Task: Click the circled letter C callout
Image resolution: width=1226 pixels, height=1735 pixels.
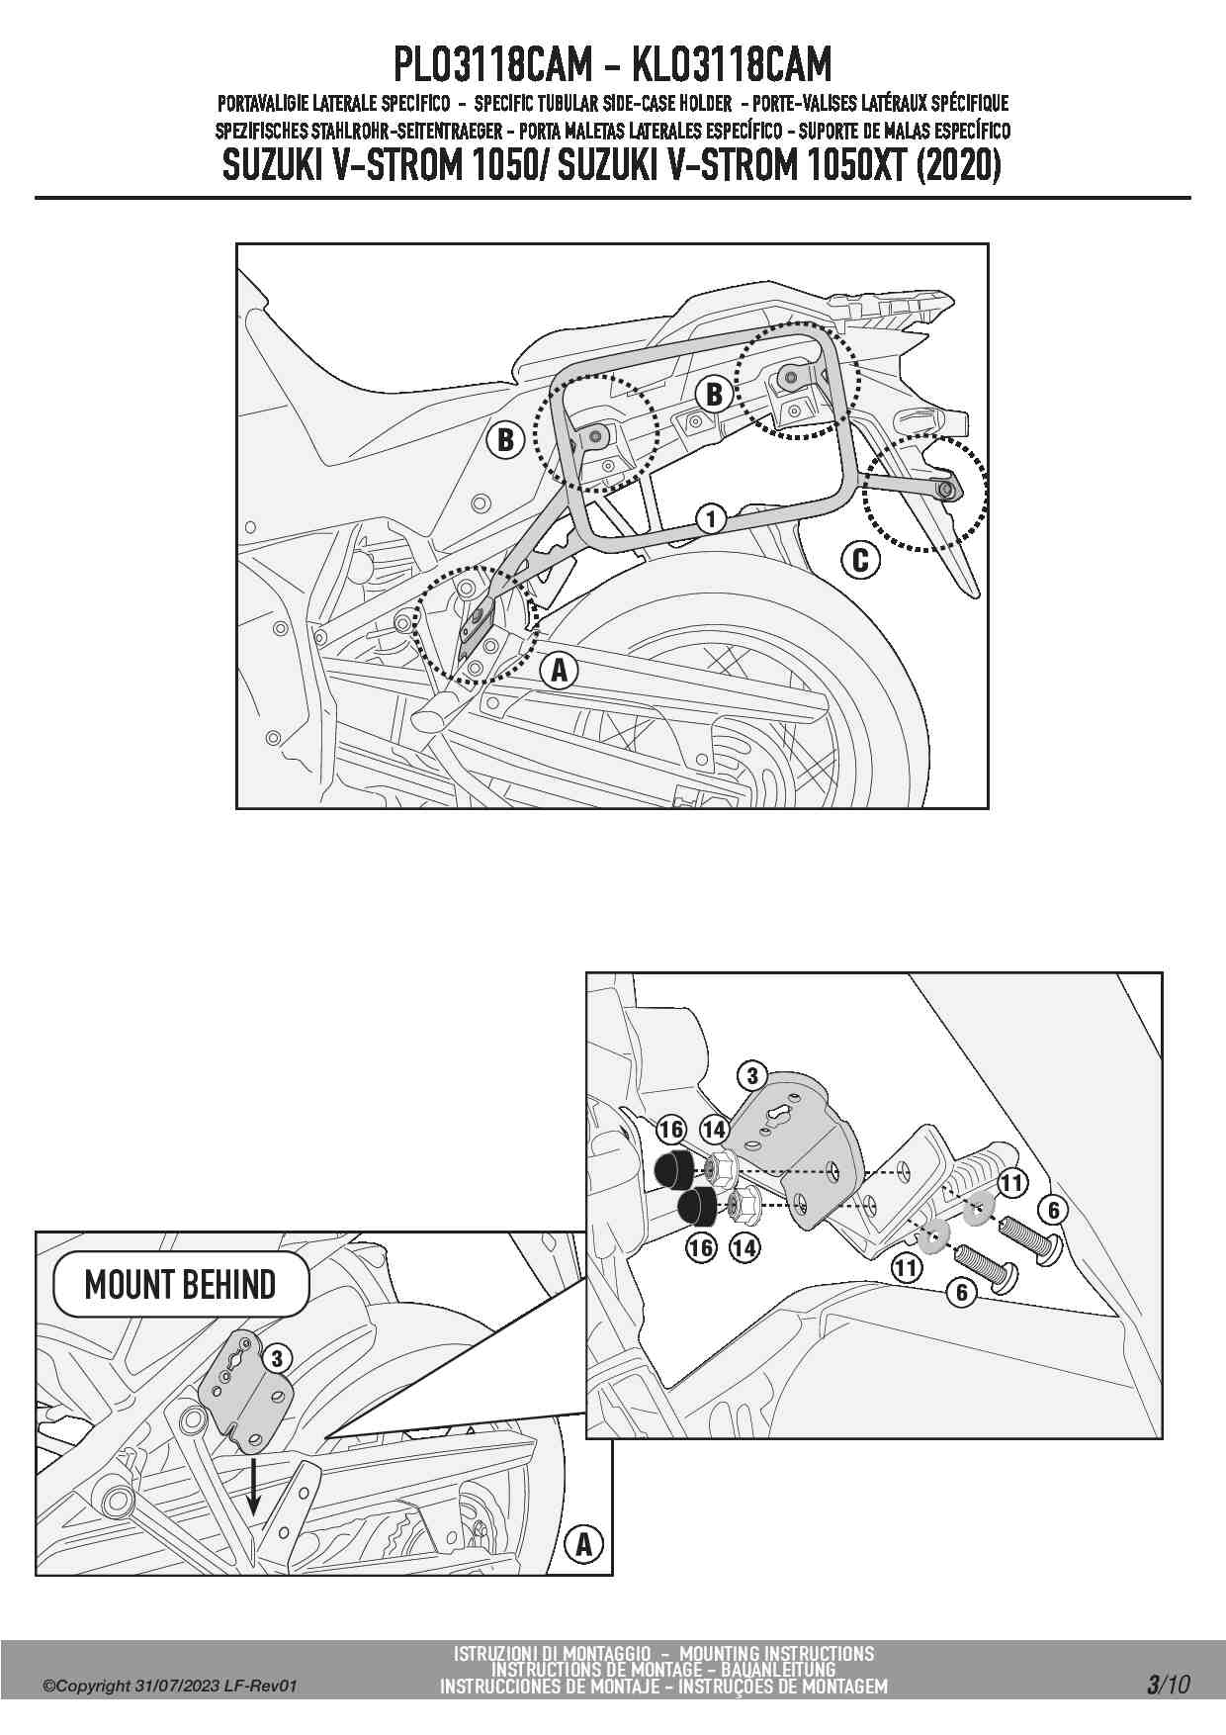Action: pos(860,560)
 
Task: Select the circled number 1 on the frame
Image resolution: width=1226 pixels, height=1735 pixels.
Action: pos(710,517)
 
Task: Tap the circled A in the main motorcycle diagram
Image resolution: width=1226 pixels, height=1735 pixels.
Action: pos(559,670)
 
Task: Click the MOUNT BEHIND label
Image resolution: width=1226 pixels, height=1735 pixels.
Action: pos(180,1284)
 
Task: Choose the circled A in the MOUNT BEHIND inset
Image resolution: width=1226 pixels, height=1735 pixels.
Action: pos(583,1544)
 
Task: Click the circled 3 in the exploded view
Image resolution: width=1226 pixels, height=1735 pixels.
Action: pos(751,1076)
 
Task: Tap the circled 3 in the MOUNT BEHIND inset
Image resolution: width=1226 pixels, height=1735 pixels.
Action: pos(278,1358)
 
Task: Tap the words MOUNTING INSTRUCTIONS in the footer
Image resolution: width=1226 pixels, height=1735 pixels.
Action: pos(777,1654)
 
